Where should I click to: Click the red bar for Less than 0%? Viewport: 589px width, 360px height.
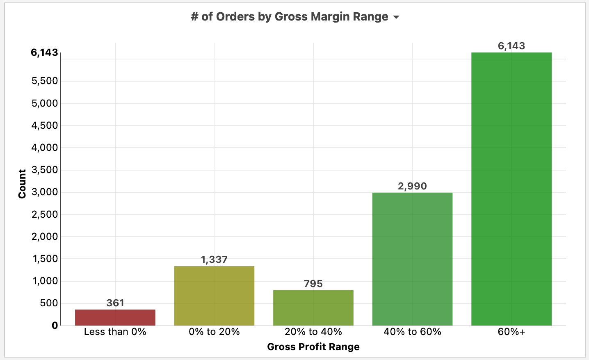click(115, 317)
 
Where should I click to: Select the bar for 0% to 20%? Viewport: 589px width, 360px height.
click(214, 296)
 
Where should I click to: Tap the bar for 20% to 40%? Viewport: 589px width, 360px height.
click(313, 308)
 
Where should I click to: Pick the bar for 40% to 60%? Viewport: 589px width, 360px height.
click(412, 259)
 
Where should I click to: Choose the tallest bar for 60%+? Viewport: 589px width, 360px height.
click(511, 189)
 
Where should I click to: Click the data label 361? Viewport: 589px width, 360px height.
click(115, 303)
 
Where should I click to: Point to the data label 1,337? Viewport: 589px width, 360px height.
click(214, 260)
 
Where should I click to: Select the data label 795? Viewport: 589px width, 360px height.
click(313, 284)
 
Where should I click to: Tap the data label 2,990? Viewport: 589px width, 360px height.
click(412, 186)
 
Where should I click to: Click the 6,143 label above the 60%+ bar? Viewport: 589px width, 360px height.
click(511, 46)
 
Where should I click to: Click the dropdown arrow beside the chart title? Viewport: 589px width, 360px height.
click(396, 17)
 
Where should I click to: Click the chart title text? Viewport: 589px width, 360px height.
click(290, 17)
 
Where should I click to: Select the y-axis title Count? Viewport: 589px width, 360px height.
click(22, 184)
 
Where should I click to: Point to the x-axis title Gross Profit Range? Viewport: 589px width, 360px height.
click(313, 347)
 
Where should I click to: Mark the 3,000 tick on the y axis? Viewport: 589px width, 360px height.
click(45, 192)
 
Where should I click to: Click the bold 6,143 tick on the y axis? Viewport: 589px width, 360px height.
click(44, 52)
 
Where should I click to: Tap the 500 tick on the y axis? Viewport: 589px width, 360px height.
click(49, 303)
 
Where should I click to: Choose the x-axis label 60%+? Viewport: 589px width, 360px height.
click(511, 332)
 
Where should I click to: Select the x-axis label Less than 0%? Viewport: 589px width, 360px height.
click(115, 332)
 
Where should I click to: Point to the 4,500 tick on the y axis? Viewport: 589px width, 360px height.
click(45, 125)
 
